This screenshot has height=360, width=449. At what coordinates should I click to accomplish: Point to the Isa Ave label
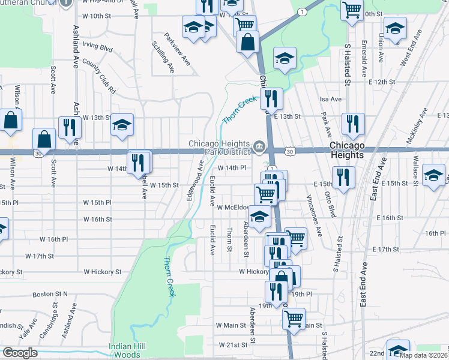[x=330, y=99]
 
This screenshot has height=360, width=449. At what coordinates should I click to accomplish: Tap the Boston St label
[x=50, y=294]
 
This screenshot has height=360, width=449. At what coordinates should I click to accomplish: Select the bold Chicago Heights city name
[x=355, y=151]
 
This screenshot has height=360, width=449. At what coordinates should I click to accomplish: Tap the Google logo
[x=20, y=353]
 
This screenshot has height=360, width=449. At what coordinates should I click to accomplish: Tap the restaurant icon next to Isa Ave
[x=272, y=100]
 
